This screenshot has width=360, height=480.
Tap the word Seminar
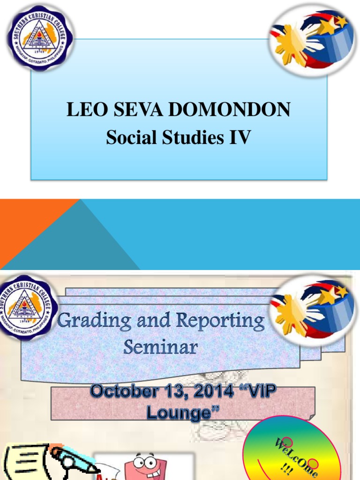(160, 347)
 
